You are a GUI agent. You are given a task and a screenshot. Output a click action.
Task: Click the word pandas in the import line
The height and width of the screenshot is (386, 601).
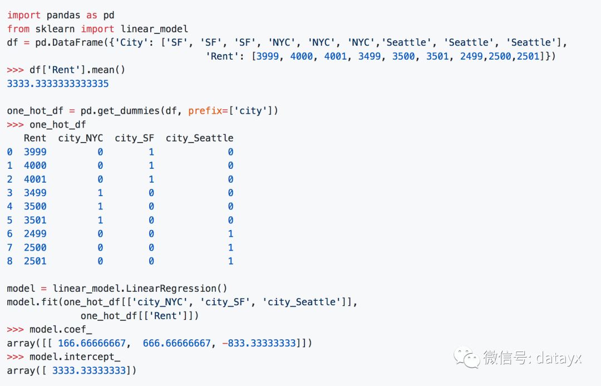[63, 16]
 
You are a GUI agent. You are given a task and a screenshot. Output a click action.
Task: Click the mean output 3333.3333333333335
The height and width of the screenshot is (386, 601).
[58, 84]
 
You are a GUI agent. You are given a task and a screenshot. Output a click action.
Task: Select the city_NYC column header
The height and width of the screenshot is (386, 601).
[81, 138]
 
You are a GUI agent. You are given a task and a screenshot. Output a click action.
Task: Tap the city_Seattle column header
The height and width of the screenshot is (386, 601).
[199, 138]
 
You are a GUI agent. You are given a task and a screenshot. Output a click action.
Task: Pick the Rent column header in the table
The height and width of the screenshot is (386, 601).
[35, 138]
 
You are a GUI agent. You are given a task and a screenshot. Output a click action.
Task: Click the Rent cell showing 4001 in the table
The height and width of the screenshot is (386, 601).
[35, 179]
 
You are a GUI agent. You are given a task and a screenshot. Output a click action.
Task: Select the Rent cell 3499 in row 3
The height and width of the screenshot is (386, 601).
[35, 193]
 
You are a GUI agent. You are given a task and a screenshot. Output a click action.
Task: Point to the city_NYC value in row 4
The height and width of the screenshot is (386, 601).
[100, 207]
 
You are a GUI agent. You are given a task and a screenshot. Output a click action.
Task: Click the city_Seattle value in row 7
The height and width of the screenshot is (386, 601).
[230, 247]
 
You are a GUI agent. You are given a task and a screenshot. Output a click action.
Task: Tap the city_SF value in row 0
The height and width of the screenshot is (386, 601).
[151, 152]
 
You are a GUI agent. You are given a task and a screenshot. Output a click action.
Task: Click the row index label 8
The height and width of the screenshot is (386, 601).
[9, 261]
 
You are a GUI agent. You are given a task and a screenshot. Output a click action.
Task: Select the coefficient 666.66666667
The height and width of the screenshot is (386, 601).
[177, 343]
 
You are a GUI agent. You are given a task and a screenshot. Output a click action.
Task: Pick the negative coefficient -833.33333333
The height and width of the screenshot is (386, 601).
[259, 343]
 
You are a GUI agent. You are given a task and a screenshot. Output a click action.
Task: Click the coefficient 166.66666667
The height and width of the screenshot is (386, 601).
[92, 343]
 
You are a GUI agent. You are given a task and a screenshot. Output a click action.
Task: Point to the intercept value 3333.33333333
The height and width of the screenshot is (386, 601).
[89, 370]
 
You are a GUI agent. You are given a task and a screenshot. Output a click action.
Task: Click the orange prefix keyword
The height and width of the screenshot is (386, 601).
[205, 111]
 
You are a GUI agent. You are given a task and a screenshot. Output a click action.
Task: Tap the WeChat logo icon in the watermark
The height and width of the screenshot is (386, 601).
[467, 358]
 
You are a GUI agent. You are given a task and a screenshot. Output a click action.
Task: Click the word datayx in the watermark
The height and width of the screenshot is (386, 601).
[559, 358]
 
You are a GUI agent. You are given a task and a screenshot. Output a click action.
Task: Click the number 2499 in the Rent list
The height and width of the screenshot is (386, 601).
[471, 56]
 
